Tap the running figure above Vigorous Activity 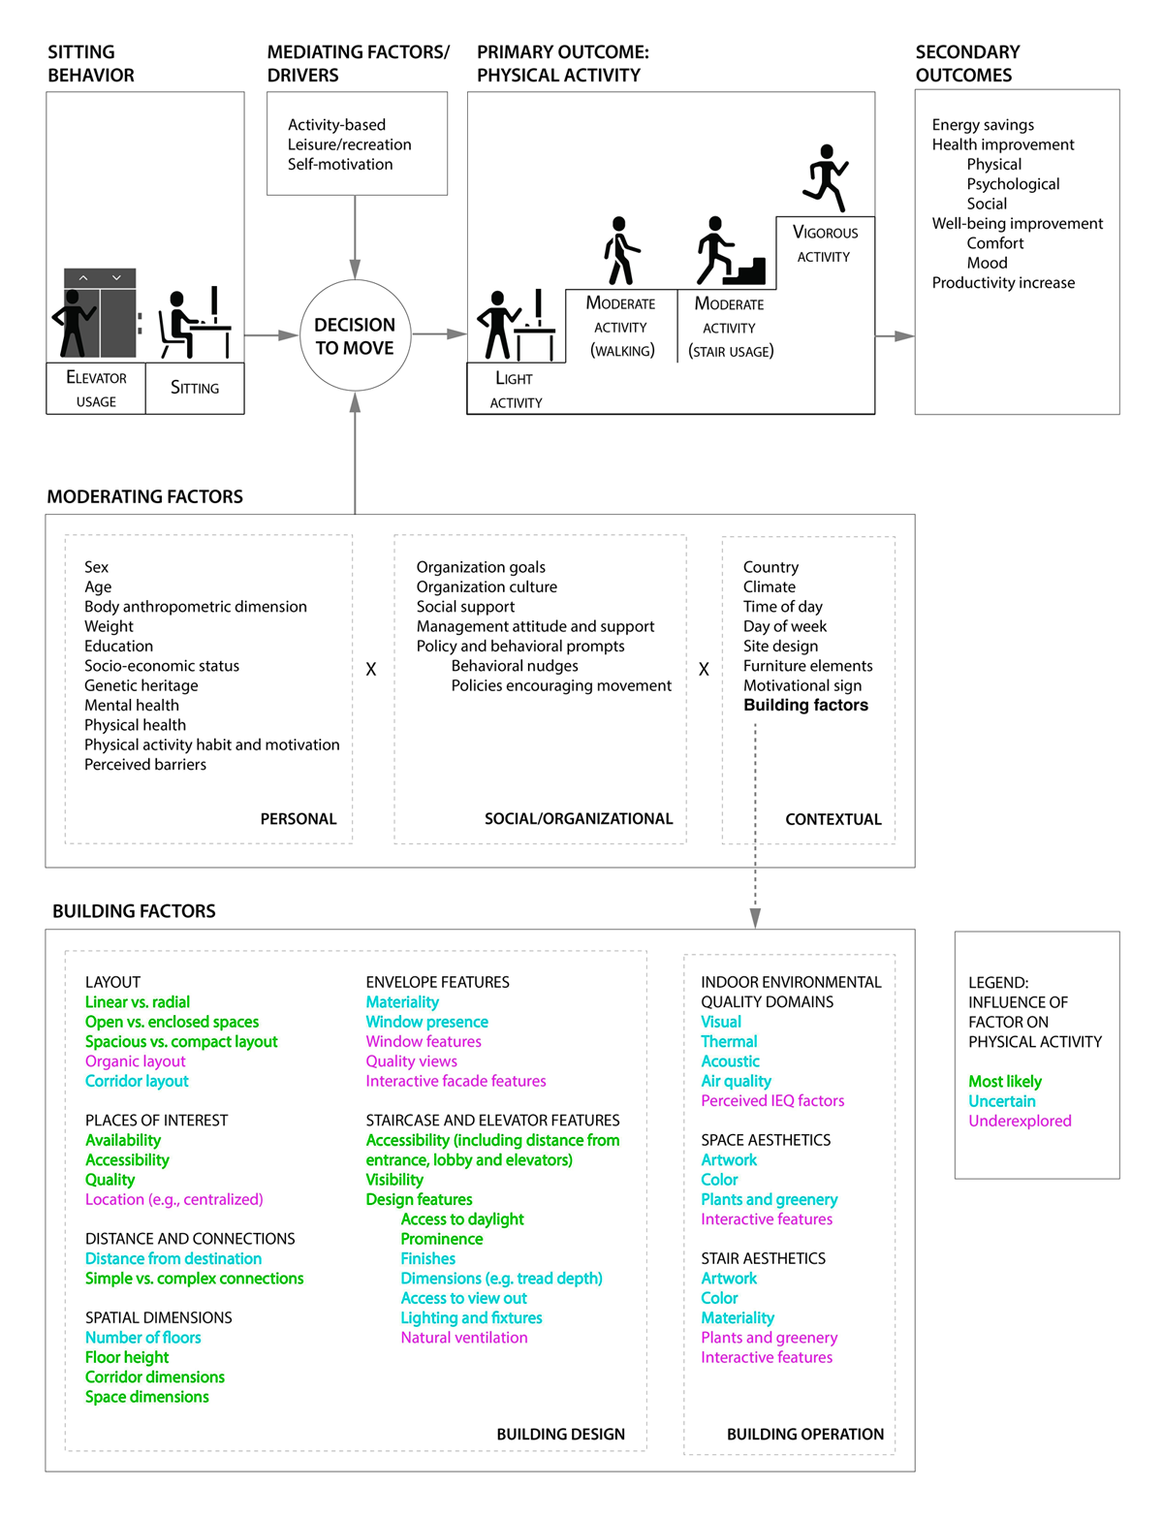pyautogui.click(x=826, y=177)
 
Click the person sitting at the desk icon pyautogui.click(x=194, y=324)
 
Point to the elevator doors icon pyautogui.click(x=100, y=312)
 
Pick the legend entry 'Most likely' pyautogui.click(x=1004, y=1082)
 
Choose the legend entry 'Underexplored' pyautogui.click(x=1019, y=1121)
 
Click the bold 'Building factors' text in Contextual pyautogui.click(x=805, y=705)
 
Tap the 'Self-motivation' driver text pyautogui.click(x=339, y=164)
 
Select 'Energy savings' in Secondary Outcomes pyautogui.click(x=982, y=124)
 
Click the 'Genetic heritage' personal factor pyautogui.click(x=141, y=685)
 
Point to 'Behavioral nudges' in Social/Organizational pyautogui.click(x=515, y=666)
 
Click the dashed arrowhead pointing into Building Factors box pyautogui.click(x=755, y=918)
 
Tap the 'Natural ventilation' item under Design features pyautogui.click(x=464, y=1338)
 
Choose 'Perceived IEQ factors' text pyautogui.click(x=772, y=1100)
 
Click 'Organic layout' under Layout pyautogui.click(x=135, y=1061)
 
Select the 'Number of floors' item pyautogui.click(x=142, y=1338)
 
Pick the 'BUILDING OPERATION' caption pyautogui.click(x=805, y=1434)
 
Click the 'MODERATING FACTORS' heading pyautogui.click(x=144, y=496)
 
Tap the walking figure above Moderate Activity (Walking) pyautogui.click(x=620, y=250)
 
